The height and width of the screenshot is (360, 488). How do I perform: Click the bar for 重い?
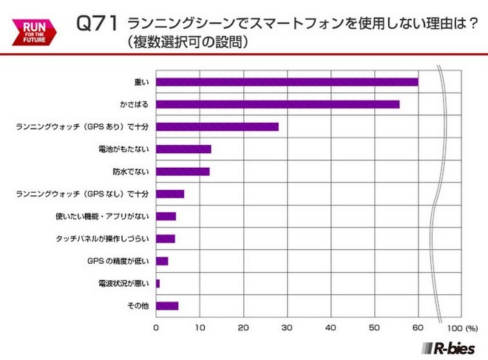[287, 81]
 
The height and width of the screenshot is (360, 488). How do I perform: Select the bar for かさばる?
[278, 104]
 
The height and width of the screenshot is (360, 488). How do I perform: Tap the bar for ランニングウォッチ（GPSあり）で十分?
[217, 126]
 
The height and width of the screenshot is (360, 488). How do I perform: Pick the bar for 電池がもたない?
[184, 149]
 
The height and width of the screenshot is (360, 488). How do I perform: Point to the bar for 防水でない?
[183, 171]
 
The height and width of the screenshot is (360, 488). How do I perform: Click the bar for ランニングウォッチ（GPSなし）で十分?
[170, 194]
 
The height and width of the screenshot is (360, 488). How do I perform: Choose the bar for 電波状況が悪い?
[158, 283]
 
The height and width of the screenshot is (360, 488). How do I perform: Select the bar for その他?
[167, 305]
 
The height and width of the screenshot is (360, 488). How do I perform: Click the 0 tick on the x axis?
[157, 326]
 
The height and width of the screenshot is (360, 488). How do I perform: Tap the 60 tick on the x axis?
[418, 326]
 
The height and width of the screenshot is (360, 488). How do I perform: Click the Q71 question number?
[98, 24]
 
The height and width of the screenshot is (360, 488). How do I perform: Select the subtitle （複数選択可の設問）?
[188, 42]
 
